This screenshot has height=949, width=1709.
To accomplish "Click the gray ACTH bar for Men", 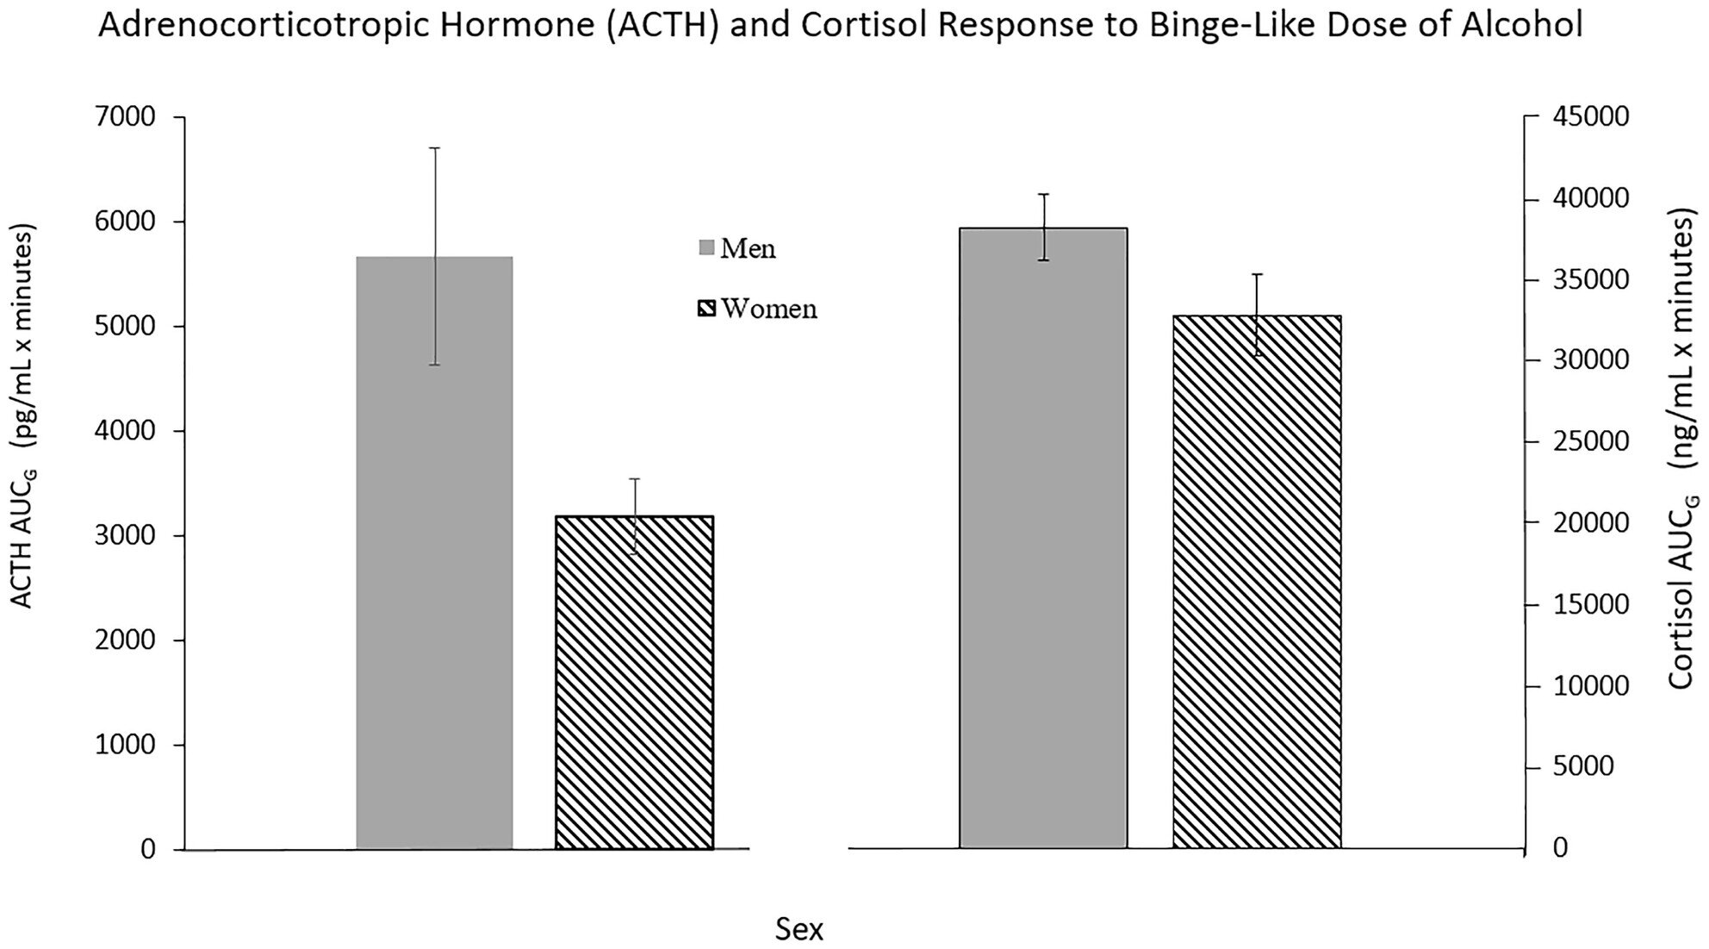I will (x=434, y=603).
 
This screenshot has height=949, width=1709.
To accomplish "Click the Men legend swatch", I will (x=706, y=248).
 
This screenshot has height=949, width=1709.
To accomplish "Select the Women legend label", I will (x=768, y=309).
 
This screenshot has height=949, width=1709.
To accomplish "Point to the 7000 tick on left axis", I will (x=124, y=116).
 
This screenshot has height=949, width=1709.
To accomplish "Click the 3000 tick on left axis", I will (x=124, y=536).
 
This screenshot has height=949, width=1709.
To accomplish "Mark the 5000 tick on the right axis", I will (x=1583, y=767).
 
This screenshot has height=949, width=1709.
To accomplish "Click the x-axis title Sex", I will (x=799, y=930).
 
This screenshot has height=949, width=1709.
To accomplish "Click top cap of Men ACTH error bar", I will (x=435, y=148).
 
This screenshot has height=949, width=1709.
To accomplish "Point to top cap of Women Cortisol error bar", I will (x=1257, y=274).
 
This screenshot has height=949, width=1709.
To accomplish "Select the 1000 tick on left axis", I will (x=124, y=746).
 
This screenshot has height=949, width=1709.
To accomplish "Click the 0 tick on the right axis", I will (x=1560, y=849).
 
